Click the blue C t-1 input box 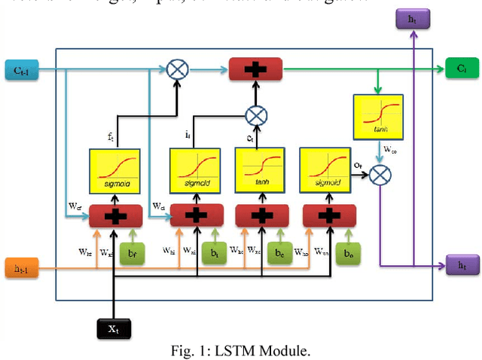click(18, 70)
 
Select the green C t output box click(460, 69)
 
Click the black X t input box click(114, 328)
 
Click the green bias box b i click(215, 253)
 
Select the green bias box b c click(279, 253)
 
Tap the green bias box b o click(348, 253)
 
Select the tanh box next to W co click(378, 115)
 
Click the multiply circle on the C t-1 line click(178, 70)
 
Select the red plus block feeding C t click(257, 70)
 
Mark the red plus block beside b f click(113, 215)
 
